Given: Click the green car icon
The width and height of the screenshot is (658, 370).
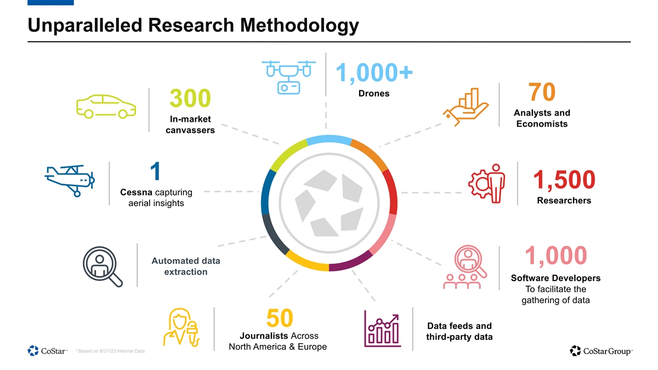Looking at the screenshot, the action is coord(106,106).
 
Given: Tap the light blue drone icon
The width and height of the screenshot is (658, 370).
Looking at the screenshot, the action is coord(288,77).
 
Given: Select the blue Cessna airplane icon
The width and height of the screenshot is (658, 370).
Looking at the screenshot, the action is coord(70,180).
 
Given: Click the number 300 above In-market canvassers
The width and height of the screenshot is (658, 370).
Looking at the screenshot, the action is coord(190,98).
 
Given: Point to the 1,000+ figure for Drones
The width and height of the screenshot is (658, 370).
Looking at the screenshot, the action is coord(374,72).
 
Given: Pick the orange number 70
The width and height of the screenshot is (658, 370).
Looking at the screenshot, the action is coord(542,92).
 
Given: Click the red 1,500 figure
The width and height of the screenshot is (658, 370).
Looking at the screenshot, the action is coord(564,179).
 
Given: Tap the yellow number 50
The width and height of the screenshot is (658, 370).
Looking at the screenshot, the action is coord(280,318).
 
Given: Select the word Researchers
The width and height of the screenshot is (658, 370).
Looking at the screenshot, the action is coord(564,200).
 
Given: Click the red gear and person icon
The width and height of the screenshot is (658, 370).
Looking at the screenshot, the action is coord(487,184).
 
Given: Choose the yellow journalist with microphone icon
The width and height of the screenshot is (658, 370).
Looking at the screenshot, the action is coord(181,327).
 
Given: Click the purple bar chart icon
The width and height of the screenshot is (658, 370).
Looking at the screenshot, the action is coord(383,328).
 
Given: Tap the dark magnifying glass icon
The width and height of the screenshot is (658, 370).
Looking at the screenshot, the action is coord(102,266).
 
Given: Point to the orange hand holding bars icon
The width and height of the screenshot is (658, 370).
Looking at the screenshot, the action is coord(466,107).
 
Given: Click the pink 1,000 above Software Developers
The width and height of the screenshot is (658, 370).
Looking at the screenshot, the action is coord(556,255).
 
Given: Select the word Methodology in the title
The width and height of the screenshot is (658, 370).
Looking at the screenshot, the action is coord(299,25).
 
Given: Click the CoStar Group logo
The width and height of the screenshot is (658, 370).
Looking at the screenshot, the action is coord(601,351).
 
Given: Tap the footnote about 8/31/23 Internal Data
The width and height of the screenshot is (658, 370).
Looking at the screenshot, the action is coord(110,351).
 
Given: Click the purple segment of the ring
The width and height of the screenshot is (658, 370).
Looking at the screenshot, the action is coord(351,261).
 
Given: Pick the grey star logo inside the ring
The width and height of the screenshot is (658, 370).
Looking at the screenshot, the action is coord(329,203).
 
